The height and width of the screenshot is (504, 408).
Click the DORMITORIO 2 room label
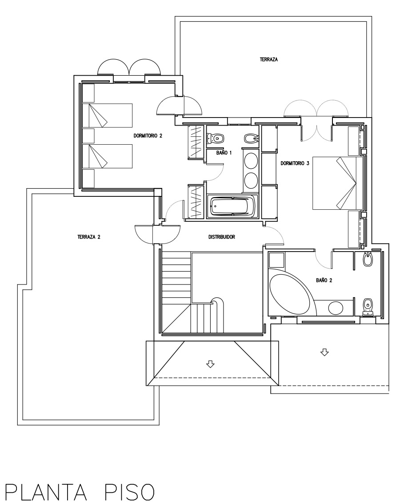tap(148, 136)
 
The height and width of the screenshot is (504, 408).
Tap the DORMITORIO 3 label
tap(295, 163)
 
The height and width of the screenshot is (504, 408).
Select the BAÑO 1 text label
tap(224, 153)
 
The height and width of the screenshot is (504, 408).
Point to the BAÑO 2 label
tap(324, 280)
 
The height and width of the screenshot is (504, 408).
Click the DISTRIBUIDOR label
tap(222, 237)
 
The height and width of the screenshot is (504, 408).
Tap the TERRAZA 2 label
tap(89, 237)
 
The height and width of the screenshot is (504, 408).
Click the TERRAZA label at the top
tap(269, 60)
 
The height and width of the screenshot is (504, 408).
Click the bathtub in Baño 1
tap(232, 206)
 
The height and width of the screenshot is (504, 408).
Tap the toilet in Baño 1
tap(215, 138)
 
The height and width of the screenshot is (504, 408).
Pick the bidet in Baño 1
tap(251, 138)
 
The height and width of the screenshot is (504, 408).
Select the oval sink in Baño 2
tap(336, 308)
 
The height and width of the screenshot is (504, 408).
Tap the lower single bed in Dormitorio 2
tap(108, 156)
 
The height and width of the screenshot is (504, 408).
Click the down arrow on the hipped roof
tap(210, 364)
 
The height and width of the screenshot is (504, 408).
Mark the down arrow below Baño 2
tap(324, 353)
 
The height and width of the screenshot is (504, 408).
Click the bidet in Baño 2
tap(368, 260)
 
